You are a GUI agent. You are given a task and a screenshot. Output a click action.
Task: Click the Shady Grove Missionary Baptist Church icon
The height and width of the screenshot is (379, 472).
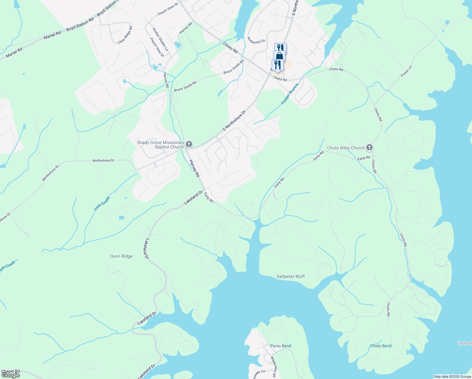pos(189,145)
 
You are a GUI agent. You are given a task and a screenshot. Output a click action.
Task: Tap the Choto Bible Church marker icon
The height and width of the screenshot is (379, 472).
pos(369,147)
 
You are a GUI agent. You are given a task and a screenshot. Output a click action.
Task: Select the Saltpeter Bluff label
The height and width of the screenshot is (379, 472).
pos(291,276)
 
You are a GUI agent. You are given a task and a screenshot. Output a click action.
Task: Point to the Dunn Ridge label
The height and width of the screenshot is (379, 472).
pos(121,256)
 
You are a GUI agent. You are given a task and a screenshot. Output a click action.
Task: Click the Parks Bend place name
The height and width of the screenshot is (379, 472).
pos(280,346)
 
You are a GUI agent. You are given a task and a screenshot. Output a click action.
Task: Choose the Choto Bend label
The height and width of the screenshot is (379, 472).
pos(381,346)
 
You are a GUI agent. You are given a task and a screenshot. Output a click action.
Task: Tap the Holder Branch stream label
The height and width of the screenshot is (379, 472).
pos(290,94)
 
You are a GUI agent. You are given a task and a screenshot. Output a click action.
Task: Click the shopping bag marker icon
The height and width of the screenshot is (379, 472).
pos(279,56)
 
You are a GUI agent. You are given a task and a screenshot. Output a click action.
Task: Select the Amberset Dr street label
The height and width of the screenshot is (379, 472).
pos(256,41)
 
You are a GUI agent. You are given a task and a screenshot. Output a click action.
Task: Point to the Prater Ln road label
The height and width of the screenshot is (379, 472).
pos(406,71)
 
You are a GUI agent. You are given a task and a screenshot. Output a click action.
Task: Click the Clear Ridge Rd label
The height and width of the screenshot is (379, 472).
pos(125,35)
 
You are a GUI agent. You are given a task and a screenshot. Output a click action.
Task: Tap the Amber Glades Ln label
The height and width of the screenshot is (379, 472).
pos(160,39)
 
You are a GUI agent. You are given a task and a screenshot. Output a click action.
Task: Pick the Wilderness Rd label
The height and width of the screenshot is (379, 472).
pos(273,367)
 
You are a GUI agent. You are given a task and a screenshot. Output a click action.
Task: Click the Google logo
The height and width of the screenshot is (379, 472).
pos(10,375)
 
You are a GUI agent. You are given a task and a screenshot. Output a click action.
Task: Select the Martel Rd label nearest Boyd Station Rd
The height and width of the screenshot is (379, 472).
pos(52,35)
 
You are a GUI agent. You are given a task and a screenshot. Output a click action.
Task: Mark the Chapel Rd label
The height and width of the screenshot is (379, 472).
pos(10,371)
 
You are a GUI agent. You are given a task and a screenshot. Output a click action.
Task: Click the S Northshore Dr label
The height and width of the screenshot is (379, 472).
pos(234,121)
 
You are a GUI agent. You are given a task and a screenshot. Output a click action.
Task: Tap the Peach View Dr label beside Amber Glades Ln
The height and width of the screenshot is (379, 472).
pos(157,47)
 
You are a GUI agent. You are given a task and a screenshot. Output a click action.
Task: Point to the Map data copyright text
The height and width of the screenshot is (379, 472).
pos(452,376)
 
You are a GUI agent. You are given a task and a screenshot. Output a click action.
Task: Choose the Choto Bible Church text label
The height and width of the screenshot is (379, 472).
pos(346,148)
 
